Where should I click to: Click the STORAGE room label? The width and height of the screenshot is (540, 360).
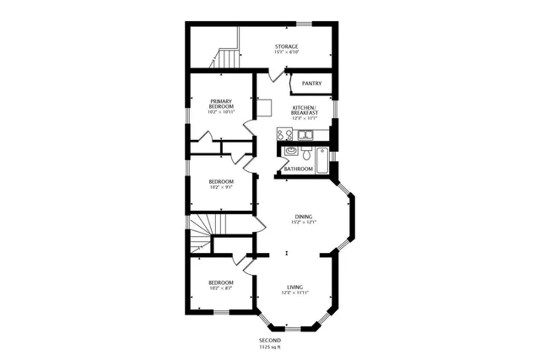(x=286, y=46)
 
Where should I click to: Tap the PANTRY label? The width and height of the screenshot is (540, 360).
(x=311, y=83)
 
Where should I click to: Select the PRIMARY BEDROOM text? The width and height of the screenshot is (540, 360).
(x=222, y=104)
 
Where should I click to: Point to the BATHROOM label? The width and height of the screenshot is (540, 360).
(x=298, y=169)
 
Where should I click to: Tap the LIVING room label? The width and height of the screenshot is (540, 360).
(x=294, y=288)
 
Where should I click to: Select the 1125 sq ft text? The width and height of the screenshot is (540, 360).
(x=269, y=347)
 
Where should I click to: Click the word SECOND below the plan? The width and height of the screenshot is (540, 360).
(x=269, y=340)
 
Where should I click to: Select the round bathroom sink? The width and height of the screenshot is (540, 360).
(x=290, y=153)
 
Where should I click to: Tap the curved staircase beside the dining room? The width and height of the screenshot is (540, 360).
(x=201, y=233)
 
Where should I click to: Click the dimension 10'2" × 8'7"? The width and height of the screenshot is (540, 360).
(x=221, y=288)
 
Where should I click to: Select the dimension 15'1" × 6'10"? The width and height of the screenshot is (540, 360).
(x=286, y=53)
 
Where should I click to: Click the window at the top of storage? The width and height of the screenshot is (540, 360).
(x=319, y=23)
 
